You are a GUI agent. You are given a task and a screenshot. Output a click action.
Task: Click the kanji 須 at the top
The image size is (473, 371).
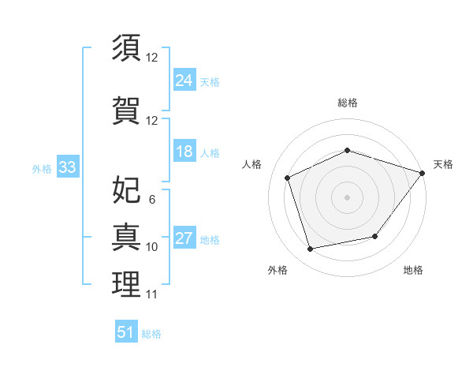pyautogui.click(x=126, y=47)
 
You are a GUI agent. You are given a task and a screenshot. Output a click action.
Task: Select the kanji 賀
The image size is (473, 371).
pyautogui.click(x=126, y=111)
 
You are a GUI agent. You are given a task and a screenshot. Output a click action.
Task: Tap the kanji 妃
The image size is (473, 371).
pyautogui.click(x=126, y=189)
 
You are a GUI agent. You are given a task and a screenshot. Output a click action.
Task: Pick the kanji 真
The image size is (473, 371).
pyautogui.click(x=126, y=237)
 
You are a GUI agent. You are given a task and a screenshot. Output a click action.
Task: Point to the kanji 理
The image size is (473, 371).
pyautogui.click(x=126, y=284)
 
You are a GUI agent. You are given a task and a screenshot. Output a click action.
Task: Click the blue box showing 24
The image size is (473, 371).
pyautogui.click(x=184, y=80)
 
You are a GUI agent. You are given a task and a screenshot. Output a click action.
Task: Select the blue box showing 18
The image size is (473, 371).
pyautogui.click(x=184, y=151)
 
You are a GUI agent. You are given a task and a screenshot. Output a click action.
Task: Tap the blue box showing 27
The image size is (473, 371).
pyautogui.click(x=184, y=237)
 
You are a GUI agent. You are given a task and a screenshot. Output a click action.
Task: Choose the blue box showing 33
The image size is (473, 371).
pyautogui.click(x=68, y=167)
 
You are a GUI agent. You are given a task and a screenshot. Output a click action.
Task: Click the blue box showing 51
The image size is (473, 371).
pyautogui.click(x=126, y=331)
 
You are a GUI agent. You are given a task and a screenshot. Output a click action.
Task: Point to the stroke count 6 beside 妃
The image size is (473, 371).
pyautogui.click(x=152, y=200)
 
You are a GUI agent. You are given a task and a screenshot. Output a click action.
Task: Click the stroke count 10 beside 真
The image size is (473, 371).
pyautogui.click(x=151, y=247)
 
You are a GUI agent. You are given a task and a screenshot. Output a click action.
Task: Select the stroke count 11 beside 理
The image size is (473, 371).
pyautogui.click(x=151, y=294)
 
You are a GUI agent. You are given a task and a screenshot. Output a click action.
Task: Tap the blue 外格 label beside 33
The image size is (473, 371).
pyautogui.click(x=42, y=169)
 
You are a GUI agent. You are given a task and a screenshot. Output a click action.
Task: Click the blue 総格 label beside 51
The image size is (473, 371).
pyautogui.click(x=151, y=334)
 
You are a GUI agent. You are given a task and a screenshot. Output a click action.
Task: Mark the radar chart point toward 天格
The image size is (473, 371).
pyautogui.click(x=423, y=173)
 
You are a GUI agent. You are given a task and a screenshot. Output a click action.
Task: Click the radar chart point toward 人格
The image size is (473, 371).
pyautogui.click(x=288, y=178)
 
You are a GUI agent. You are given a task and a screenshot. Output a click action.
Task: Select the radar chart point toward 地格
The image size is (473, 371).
pyautogui.click(x=375, y=236)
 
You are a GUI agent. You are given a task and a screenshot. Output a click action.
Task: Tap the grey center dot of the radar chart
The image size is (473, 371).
pyautogui.click(x=347, y=197)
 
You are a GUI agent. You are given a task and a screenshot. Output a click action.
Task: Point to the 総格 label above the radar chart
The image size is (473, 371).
pyautogui.click(x=348, y=103)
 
